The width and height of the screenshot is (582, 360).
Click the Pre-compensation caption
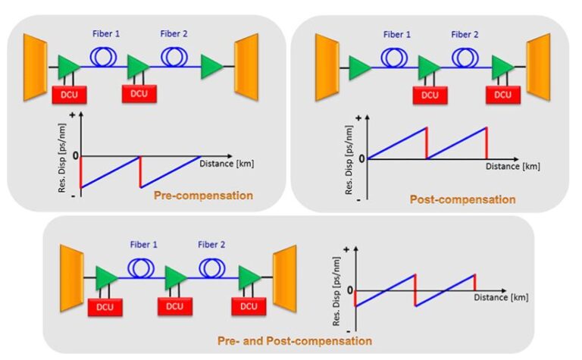pos(202,196)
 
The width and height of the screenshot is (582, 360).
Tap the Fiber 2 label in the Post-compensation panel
pos(465,34)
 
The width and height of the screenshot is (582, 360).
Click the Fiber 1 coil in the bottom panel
pos(140,268)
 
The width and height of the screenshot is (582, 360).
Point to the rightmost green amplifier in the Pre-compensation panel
pos(211,67)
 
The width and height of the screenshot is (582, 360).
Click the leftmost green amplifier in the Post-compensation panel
pos(361,67)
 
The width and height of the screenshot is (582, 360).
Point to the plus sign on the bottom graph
pos(346,249)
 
